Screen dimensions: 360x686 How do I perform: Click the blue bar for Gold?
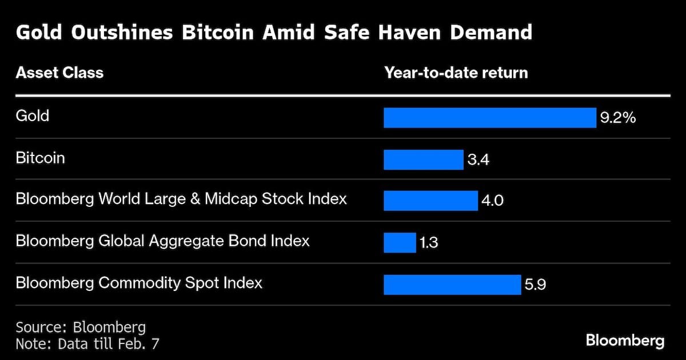[x=489, y=118]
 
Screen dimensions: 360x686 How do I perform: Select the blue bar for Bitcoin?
[x=423, y=159]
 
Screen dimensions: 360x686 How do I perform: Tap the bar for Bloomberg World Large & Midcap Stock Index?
[x=430, y=201]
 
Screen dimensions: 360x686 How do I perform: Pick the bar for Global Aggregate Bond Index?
[x=400, y=242]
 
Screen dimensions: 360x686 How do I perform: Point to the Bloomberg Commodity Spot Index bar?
[x=452, y=284]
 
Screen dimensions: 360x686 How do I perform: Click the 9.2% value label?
[x=617, y=118]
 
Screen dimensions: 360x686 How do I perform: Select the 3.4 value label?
[x=478, y=160]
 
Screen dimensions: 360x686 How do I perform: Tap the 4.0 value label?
[x=493, y=201]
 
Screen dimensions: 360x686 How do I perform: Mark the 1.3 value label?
[x=429, y=243]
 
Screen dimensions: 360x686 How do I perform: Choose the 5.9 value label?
[x=535, y=285]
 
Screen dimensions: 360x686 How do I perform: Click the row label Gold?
[x=33, y=116]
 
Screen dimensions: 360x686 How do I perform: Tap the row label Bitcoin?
[x=40, y=158]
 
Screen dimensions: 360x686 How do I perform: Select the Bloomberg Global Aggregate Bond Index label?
[x=162, y=241]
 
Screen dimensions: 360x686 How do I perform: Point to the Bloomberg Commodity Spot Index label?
[x=139, y=282]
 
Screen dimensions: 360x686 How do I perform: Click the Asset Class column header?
[x=59, y=73]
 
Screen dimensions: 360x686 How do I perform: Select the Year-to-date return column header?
[x=456, y=73]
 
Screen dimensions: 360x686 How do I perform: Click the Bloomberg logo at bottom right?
[x=625, y=341]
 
